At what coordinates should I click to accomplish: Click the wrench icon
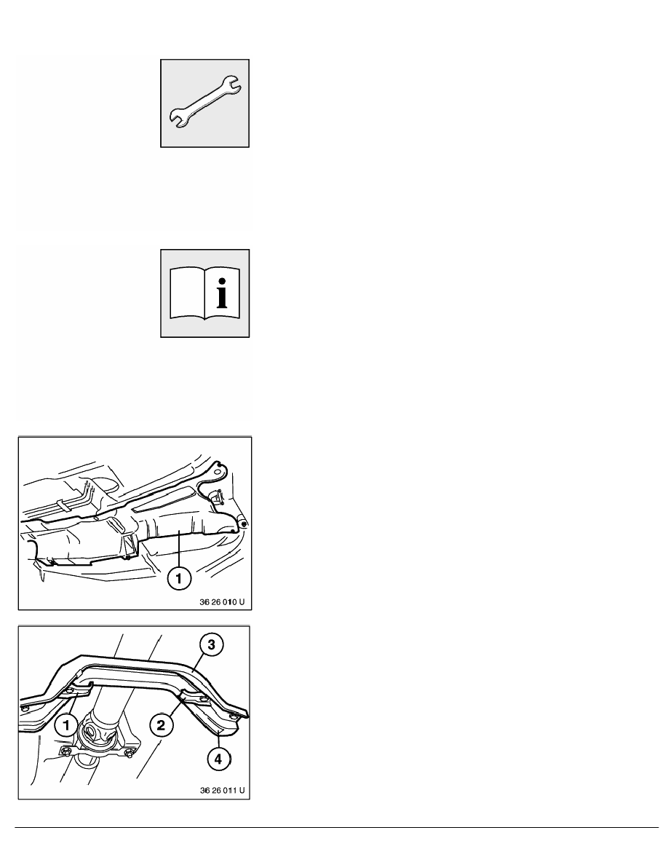[x=204, y=103]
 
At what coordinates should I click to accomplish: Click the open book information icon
[x=204, y=293]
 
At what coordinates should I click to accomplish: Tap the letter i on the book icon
[x=222, y=293]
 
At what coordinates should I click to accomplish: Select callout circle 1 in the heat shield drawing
[x=179, y=579]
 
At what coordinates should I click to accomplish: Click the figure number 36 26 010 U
[x=221, y=602]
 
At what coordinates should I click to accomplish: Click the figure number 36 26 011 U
[x=221, y=791]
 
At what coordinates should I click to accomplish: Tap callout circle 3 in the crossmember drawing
[x=211, y=644]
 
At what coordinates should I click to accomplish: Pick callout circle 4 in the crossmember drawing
[x=218, y=759]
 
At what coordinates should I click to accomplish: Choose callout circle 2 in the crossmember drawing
[x=161, y=724]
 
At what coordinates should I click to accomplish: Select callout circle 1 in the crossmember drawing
[x=67, y=725]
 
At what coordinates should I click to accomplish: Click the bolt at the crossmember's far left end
[x=24, y=707]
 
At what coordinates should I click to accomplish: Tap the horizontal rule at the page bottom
[x=337, y=827]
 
